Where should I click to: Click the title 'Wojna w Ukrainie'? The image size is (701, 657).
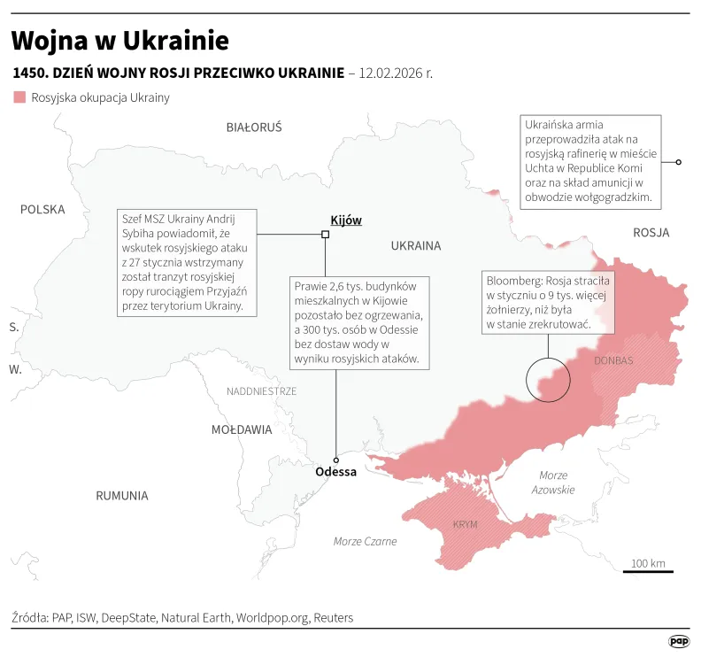tap(120, 41)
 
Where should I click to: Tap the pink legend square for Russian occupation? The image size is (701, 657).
tap(19, 97)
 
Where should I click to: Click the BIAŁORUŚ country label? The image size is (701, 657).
tap(254, 128)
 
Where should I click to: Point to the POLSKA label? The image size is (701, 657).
tap(43, 210)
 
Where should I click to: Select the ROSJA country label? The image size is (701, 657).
tap(651, 233)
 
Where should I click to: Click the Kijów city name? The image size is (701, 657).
tap(345, 220)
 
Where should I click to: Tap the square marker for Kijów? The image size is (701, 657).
tap(325, 235)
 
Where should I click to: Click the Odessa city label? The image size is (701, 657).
tap(335, 472)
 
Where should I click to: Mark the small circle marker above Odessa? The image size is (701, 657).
tap(335, 460)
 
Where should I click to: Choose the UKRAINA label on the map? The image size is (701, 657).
tap(415, 246)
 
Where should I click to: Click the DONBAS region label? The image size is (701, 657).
tap(613, 361)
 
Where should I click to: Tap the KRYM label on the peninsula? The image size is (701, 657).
tap(465, 525)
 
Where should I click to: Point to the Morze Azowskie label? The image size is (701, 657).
tap(553, 483)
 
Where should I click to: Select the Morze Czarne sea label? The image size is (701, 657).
tap(365, 541)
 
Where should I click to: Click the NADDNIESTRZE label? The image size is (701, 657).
tap(262, 391)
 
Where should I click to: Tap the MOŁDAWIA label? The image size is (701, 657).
tap(242, 429)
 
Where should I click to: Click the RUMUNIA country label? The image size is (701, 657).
tap(122, 496)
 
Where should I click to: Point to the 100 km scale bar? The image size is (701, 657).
tap(648, 570)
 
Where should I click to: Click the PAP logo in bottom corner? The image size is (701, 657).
tap(679, 640)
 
